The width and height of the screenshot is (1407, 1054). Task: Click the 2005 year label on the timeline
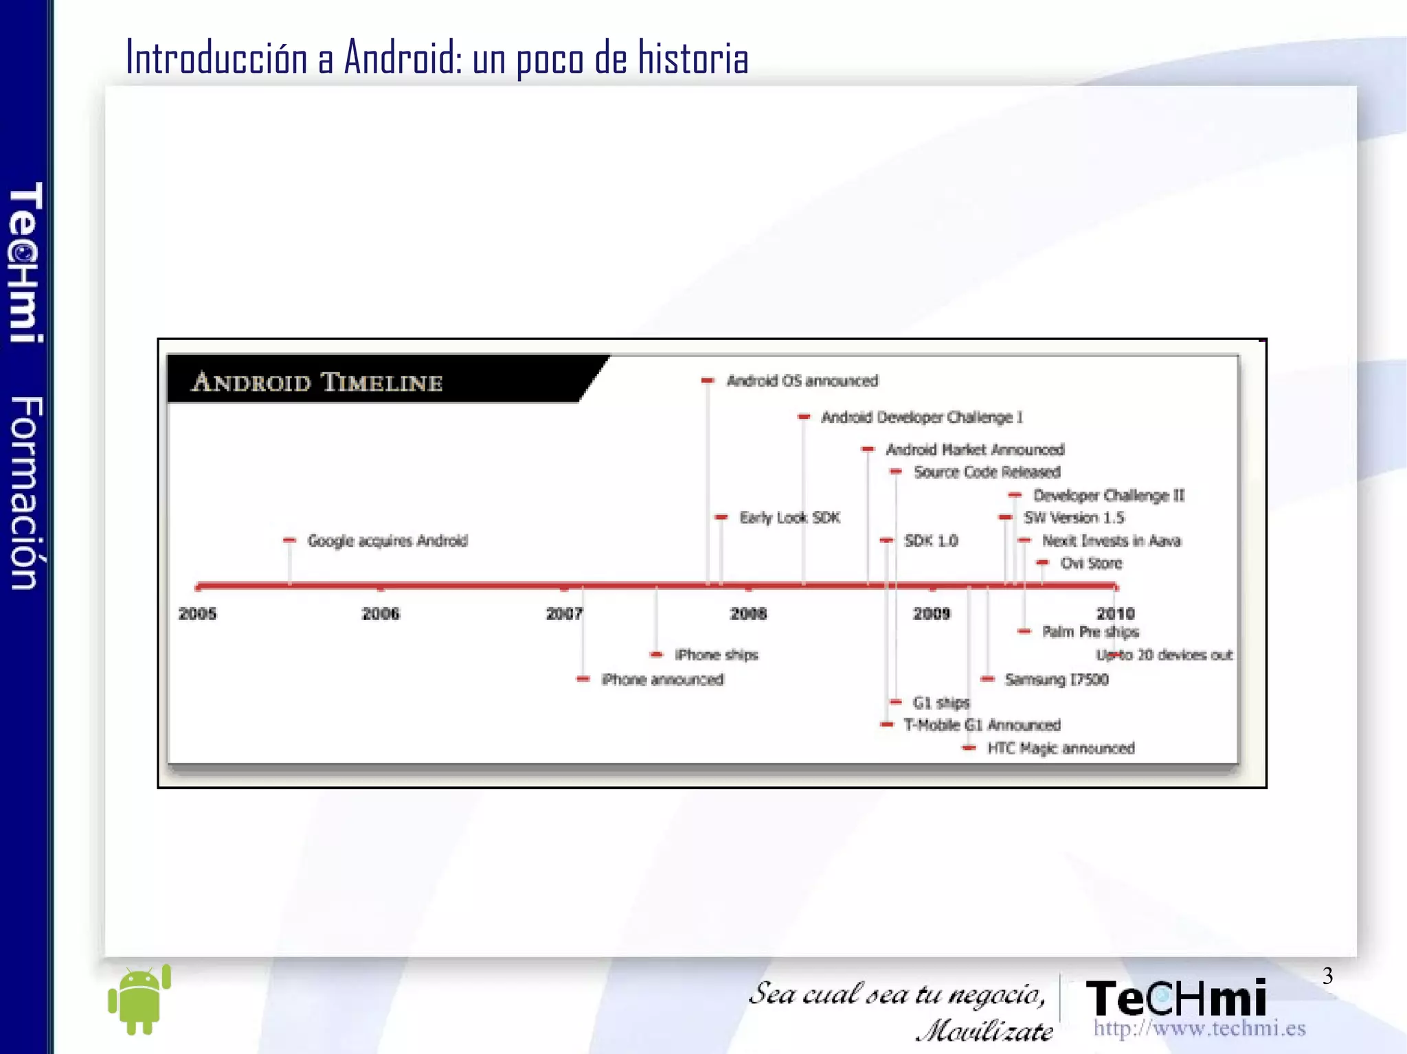tap(197, 613)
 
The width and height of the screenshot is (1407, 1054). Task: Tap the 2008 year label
tap(748, 613)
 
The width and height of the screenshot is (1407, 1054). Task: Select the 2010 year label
tap(1116, 613)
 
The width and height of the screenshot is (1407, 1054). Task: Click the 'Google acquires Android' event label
tap(387, 541)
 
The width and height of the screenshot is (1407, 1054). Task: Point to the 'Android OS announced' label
tap(802, 380)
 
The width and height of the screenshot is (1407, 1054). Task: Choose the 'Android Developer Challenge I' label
tap(922, 417)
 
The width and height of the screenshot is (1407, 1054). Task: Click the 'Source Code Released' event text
tap(987, 472)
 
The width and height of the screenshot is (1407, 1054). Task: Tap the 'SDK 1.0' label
tap(931, 541)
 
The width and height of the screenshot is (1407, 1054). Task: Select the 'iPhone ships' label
tap(716, 655)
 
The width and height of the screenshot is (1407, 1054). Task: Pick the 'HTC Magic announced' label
tap(1061, 748)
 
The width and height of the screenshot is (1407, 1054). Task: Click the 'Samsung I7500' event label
tap(1057, 679)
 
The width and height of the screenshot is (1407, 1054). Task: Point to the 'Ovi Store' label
tap(1091, 563)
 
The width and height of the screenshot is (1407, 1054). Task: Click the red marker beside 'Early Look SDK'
tap(721, 517)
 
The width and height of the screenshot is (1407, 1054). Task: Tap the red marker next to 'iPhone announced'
tap(583, 679)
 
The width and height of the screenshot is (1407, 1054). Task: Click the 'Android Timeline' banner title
tap(317, 382)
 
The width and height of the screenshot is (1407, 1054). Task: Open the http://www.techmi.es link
tap(1199, 1028)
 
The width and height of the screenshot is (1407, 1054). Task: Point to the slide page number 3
tap(1327, 976)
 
